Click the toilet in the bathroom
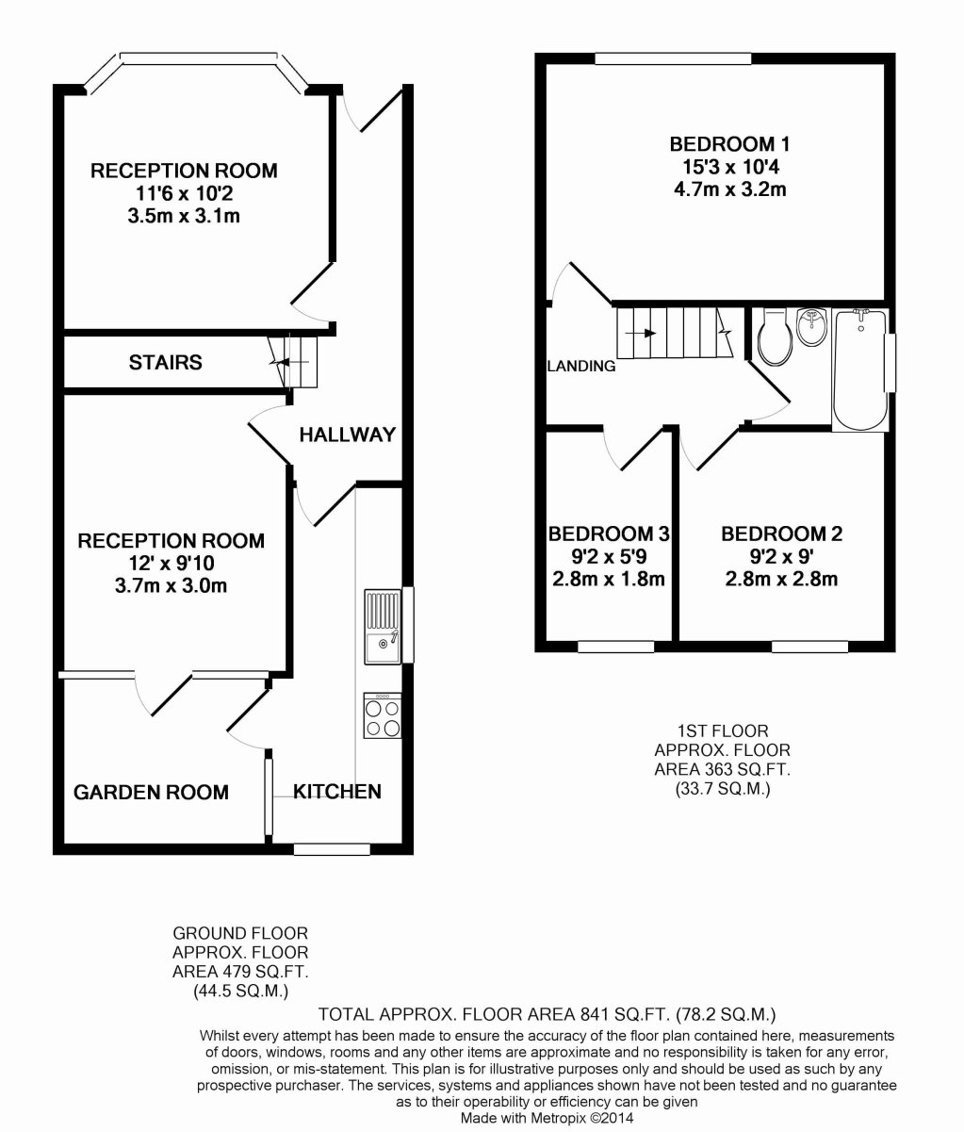pyautogui.click(x=775, y=336)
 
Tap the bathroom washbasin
pyautogui.click(x=812, y=327)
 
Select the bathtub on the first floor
pyautogui.click(x=859, y=370)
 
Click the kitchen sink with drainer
pyautogui.click(x=383, y=627)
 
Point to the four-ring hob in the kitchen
pyautogui.click(x=383, y=715)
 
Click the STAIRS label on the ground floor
pyautogui.click(x=165, y=363)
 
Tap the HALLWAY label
pyautogui.click(x=347, y=435)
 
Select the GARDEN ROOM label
pyautogui.click(x=151, y=793)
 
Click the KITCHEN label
pyautogui.click(x=337, y=792)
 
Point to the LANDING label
pyautogui.click(x=581, y=366)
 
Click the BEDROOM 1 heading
pyautogui.click(x=729, y=144)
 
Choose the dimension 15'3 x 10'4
pyautogui.click(x=730, y=167)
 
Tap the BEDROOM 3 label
pyautogui.click(x=609, y=534)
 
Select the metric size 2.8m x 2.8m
pyautogui.click(x=782, y=579)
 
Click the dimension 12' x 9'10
pyautogui.click(x=172, y=563)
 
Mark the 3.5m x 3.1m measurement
pyautogui.click(x=184, y=216)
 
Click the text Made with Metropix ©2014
pyautogui.click(x=547, y=1118)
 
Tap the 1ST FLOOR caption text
pyautogui.click(x=723, y=731)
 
